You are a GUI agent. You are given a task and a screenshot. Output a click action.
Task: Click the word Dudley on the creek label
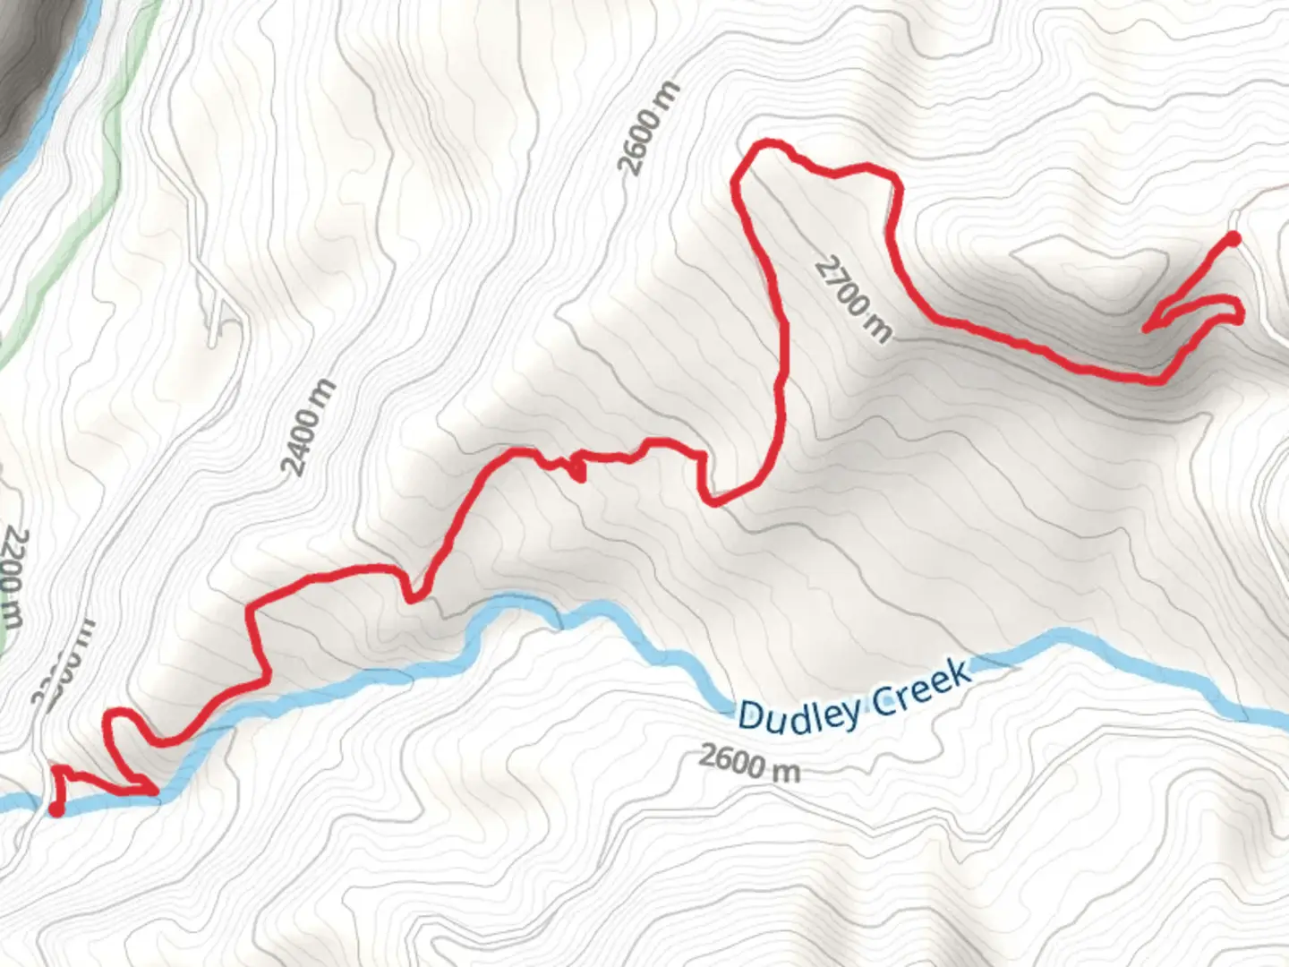pyautogui.click(x=799, y=713)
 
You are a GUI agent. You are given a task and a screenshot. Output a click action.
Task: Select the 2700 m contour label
pyautogui.click(x=853, y=300)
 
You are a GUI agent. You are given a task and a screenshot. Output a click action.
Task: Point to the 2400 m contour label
pyautogui.click(x=310, y=427)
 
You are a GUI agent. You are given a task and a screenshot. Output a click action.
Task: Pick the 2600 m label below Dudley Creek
pyautogui.click(x=748, y=763)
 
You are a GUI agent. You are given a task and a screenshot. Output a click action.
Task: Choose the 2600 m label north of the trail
pyautogui.click(x=649, y=129)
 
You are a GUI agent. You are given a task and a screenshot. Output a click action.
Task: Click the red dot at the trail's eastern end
pyautogui.click(x=1233, y=238)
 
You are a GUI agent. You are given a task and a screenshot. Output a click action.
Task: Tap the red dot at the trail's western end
pyautogui.click(x=55, y=809)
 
